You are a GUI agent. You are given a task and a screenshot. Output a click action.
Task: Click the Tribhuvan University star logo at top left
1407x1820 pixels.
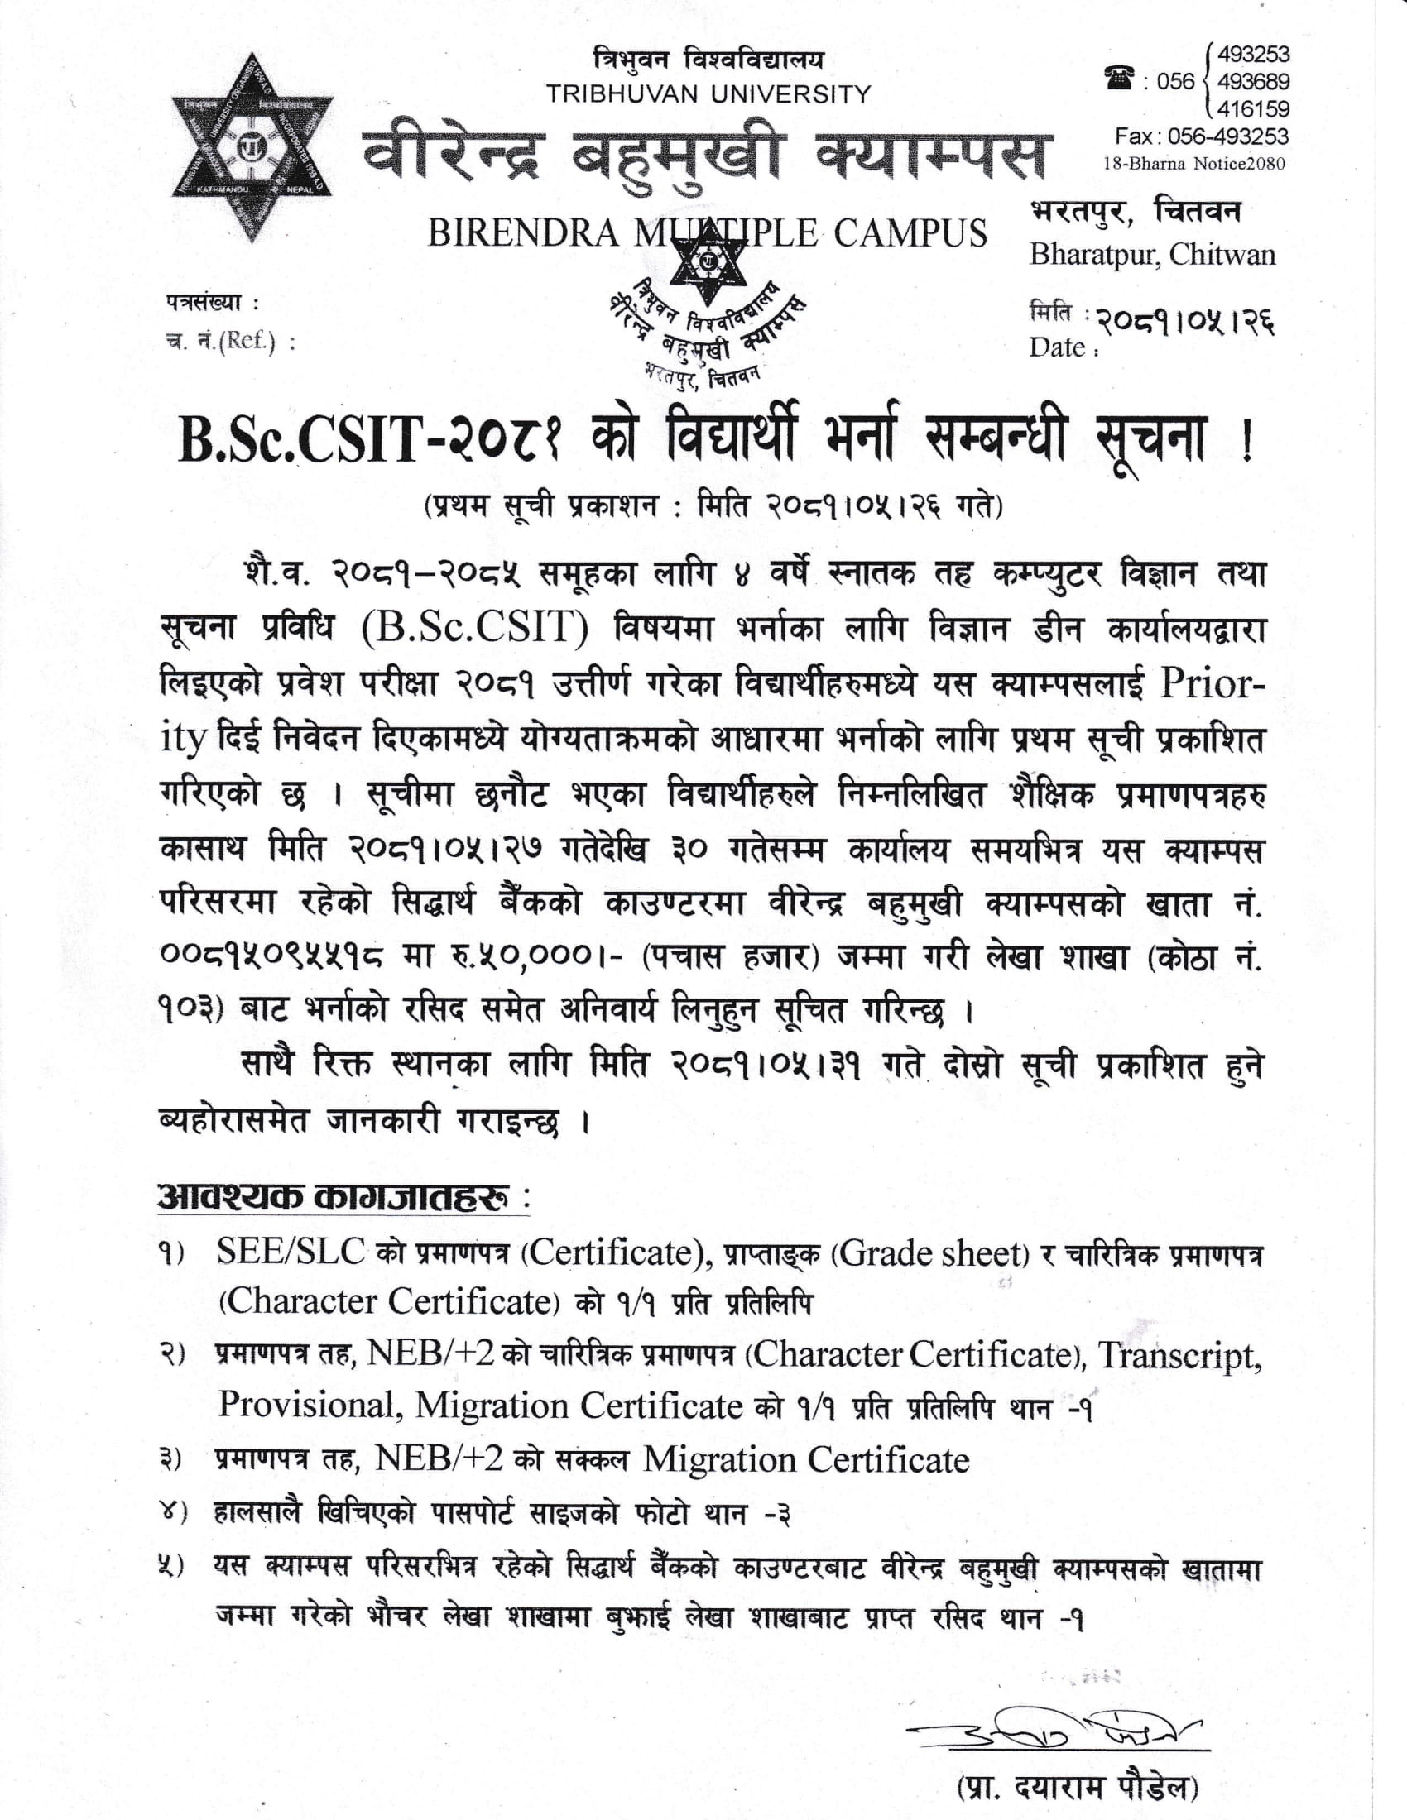tap(252, 148)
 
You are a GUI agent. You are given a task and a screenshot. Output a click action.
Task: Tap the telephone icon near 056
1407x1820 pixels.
tap(1119, 80)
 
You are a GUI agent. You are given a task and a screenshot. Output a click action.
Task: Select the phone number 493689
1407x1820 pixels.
tap(1253, 82)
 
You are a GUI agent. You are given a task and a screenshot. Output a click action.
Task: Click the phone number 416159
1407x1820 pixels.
tap(1253, 109)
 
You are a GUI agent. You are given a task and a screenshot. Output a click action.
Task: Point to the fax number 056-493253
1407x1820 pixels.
tap(1227, 136)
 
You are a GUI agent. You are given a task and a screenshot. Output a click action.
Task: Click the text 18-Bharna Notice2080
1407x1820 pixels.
tap(1193, 163)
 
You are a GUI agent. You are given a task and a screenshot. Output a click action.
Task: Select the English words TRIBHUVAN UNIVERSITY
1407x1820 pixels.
tap(708, 94)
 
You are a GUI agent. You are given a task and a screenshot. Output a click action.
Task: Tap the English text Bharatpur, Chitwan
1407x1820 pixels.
tap(1152, 254)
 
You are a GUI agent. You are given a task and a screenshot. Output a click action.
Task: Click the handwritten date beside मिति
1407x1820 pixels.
tap(1184, 319)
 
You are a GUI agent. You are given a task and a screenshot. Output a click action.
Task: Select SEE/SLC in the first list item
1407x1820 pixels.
tap(291, 1252)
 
